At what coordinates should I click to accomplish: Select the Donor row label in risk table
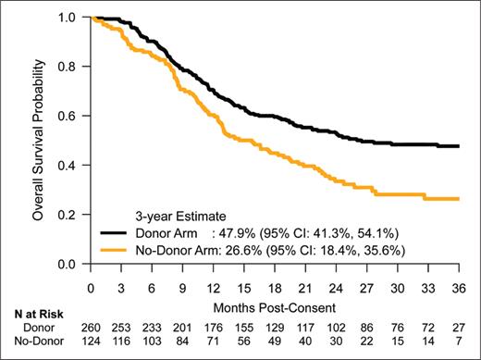36,329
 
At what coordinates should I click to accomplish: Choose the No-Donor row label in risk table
36,345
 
